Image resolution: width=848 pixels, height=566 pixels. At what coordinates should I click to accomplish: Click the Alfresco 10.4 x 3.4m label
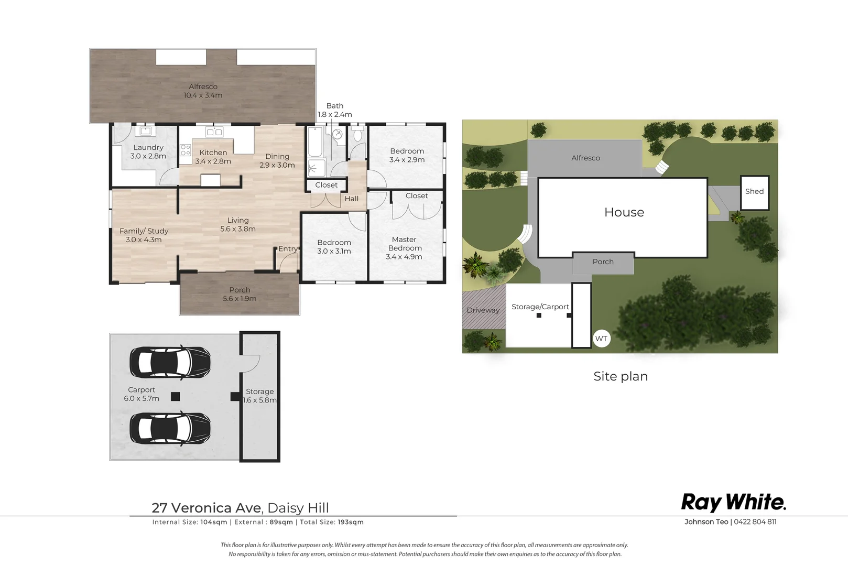(x=203, y=91)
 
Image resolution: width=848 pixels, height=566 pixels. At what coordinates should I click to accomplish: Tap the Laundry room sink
(x=145, y=131)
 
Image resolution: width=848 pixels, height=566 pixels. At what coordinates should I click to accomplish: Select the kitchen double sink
(x=214, y=132)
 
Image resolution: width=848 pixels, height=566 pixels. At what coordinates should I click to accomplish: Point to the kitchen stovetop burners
(x=186, y=150)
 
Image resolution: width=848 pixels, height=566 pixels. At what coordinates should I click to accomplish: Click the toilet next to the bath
(x=357, y=134)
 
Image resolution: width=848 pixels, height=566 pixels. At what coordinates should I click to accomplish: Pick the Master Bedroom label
(x=404, y=248)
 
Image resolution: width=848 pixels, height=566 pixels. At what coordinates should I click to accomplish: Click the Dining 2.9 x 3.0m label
(x=277, y=160)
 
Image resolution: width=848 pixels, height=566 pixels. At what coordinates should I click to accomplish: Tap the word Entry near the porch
(x=288, y=249)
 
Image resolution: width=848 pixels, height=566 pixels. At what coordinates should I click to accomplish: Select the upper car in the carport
(x=170, y=362)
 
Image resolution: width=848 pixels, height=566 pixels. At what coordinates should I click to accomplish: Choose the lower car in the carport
(x=170, y=429)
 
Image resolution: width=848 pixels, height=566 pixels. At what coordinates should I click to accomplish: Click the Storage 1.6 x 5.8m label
(x=260, y=396)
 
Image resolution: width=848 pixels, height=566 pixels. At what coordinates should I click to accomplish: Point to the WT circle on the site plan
(x=601, y=339)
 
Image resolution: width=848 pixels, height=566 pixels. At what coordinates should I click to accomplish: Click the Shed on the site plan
(x=755, y=193)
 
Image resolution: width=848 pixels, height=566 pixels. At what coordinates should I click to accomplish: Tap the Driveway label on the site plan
(x=483, y=310)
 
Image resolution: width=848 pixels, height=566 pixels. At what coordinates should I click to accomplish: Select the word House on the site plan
(x=624, y=212)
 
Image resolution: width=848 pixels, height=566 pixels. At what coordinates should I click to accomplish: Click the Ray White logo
(x=734, y=503)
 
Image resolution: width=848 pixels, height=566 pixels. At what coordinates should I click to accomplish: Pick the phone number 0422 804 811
(x=755, y=521)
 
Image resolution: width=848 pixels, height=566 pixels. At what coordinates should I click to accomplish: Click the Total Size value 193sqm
(x=351, y=522)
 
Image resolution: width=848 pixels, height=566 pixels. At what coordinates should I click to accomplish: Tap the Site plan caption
(x=621, y=376)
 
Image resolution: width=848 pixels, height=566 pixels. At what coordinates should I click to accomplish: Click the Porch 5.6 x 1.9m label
(x=240, y=294)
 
